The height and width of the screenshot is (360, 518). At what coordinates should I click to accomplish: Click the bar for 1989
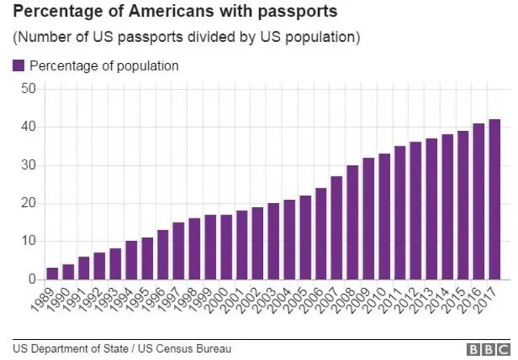[53, 273]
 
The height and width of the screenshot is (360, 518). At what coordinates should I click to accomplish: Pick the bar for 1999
[210, 247]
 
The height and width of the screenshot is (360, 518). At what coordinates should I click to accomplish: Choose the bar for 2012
[415, 210]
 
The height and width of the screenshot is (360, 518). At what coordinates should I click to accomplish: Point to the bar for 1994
[131, 260]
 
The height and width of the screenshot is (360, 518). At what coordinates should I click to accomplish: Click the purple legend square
[19, 66]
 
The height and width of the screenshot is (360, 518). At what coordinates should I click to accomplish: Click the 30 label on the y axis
[28, 165]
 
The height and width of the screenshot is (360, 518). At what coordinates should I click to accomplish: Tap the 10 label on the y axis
[28, 241]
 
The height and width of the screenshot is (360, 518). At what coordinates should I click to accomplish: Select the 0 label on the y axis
[32, 280]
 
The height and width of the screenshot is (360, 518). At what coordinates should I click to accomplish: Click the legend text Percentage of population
[104, 66]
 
